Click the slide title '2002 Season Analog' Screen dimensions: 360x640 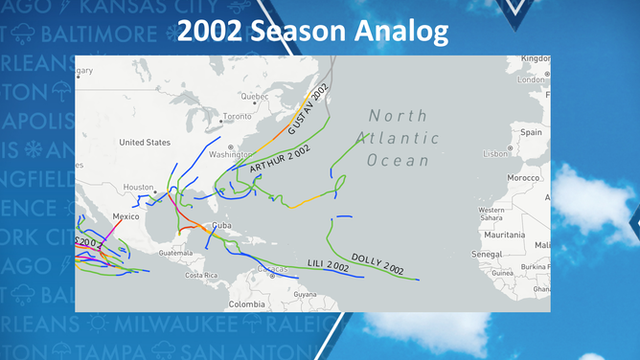point(312,31)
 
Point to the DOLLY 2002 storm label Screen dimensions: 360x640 point(377,263)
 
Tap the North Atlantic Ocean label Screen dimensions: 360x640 point(400,138)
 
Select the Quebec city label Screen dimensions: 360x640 point(254,96)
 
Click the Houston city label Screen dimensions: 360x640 point(138,188)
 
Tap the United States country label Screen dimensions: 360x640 point(145,143)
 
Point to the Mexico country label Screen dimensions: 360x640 point(126,216)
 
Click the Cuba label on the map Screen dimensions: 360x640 point(221,225)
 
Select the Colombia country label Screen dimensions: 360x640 point(246,304)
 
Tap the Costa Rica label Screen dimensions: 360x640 point(201,275)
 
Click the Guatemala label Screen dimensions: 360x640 point(175,253)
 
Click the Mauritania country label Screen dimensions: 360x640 point(504,235)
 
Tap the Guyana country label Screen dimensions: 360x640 point(305,294)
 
